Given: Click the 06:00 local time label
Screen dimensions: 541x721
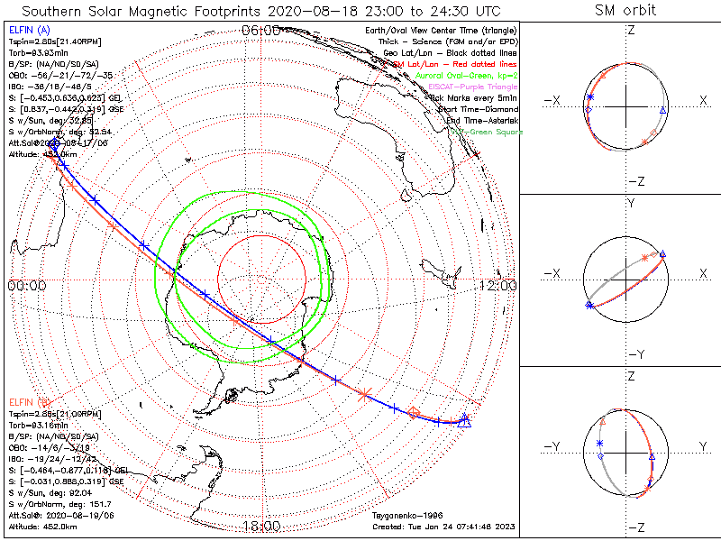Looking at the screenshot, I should click(x=260, y=31).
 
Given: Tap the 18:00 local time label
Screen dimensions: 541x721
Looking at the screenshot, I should click(x=260, y=525).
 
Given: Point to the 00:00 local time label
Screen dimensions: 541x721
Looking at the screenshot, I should click(x=27, y=286).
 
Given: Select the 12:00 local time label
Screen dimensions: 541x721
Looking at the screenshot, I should click(x=498, y=286).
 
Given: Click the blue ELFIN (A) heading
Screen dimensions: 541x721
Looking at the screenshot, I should click(x=28, y=32).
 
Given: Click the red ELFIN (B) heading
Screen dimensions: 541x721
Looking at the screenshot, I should click(x=28, y=401).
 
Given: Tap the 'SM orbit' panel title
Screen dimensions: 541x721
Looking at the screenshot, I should click(x=625, y=11).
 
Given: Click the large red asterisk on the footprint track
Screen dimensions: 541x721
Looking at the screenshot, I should click(x=365, y=394).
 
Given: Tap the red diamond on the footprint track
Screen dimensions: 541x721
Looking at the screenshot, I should click(x=414, y=413).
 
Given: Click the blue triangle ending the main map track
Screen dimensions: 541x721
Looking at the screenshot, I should click(x=465, y=419).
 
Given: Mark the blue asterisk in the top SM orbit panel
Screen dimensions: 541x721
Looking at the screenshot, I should click(x=590, y=97).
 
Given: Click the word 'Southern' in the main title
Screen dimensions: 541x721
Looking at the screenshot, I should click(x=55, y=12).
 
